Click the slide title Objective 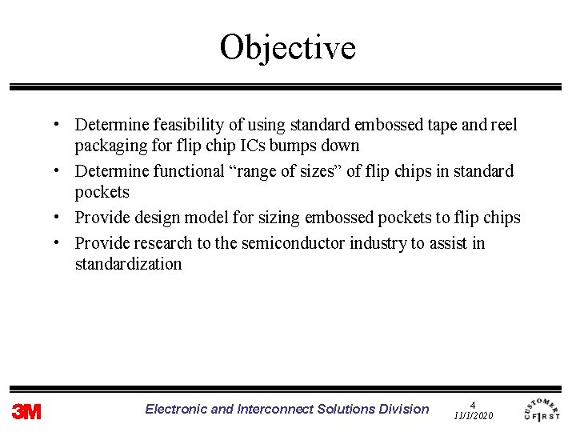click(x=287, y=47)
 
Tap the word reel click(x=502, y=125)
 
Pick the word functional click(x=181, y=171)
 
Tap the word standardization click(x=128, y=264)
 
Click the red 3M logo click(x=26, y=411)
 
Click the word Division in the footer click(x=404, y=409)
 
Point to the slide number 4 click(x=473, y=405)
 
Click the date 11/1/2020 click(x=473, y=416)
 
